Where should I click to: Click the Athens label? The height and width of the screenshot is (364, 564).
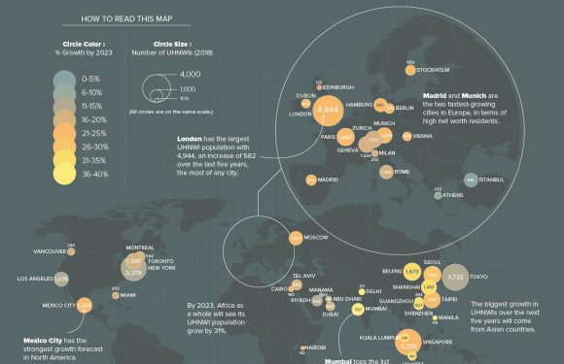click(453, 195)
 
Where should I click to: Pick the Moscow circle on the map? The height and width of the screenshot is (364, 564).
click(295, 238)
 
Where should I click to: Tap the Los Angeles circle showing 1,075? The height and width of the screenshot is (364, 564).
click(61, 279)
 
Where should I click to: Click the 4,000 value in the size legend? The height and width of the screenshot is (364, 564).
click(191, 74)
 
